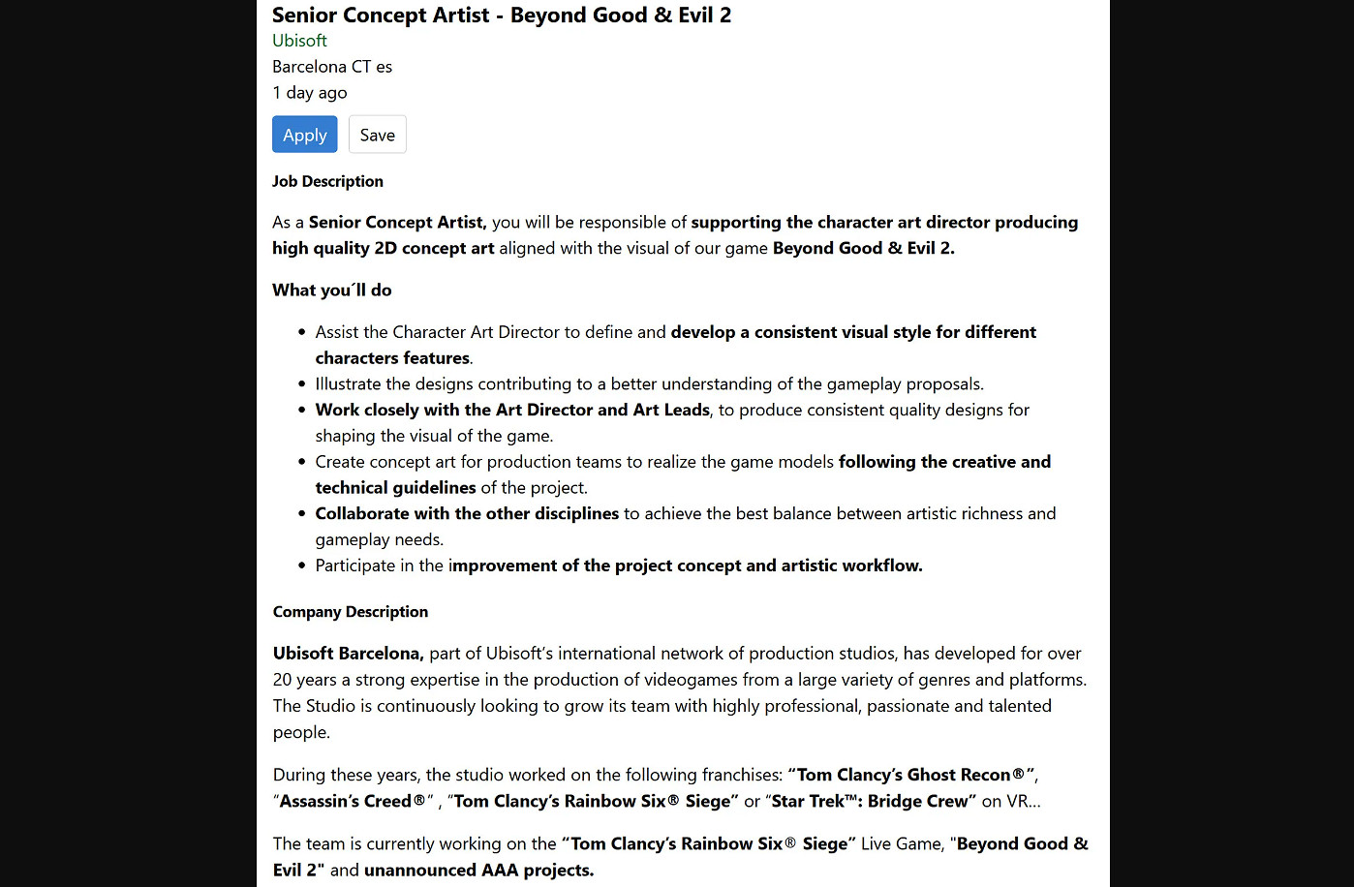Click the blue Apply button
click(x=304, y=135)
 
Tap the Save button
click(x=377, y=135)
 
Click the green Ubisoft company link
click(x=299, y=41)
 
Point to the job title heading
click(x=502, y=15)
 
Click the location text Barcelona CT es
click(x=332, y=67)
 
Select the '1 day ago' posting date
click(x=310, y=93)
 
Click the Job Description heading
click(x=327, y=182)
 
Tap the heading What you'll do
click(x=332, y=291)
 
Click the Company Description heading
click(x=351, y=612)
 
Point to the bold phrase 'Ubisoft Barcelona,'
click(x=348, y=654)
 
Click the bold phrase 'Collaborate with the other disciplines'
click(x=467, y=514)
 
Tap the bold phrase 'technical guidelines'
click(x=395, y=488)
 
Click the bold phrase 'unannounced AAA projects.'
click(x=478, y=871)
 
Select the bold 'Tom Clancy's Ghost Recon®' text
click(x=910, y=776)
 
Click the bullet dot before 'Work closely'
click(x=302, y=411)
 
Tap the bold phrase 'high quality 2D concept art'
click(x=384, y=249)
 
